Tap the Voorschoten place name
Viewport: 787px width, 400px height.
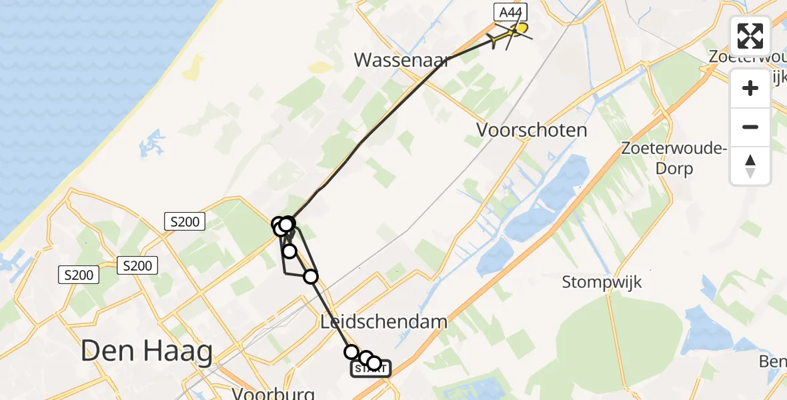pos(532,130)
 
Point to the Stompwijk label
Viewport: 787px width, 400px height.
pos(602,282)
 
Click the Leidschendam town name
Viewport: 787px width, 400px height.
pos(383,323)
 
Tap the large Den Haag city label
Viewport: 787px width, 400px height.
pos(147,351)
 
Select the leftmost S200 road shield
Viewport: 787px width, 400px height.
pos(79,274)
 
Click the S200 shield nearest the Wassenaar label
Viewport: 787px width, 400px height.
pos(185,222)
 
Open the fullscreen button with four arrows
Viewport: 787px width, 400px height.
pos(750,36)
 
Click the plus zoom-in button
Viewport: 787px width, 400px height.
pos(750,88)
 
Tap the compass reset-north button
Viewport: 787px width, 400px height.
pos(750,165)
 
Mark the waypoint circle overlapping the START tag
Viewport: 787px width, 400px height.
pos(374,363)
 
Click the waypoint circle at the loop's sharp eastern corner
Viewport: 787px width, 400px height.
pos(311,276)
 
